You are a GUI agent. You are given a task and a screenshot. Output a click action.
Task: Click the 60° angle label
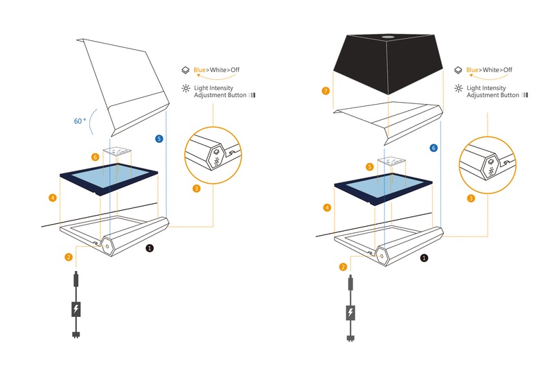pyautogui.click(x=80, y=121)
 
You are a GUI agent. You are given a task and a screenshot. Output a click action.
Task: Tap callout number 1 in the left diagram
pyautogui.click(x=150, y=247)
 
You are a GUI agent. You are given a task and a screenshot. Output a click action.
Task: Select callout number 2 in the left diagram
pyautogui.click(x=69, y=257)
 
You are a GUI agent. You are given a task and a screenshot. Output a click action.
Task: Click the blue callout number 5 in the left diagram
pyautogui.click(x=160, y=139)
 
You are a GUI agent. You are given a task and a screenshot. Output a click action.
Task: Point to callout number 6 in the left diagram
pyautogui.click(x=96, y=157)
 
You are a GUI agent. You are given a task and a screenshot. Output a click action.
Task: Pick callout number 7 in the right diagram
pyautogui.click(x=325, y=91)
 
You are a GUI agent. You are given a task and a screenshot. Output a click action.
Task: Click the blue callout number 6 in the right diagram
pyautogui.click(x=434, y=148)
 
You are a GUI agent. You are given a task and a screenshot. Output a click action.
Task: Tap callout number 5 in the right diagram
pyautogui.click(x=370, y=167)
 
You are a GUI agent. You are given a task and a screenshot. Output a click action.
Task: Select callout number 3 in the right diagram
pyautogui.click(x=472, y=198)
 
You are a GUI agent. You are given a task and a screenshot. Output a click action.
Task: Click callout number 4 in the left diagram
pyautogui.click(x=53, y=198)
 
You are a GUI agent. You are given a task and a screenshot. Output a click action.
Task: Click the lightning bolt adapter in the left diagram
pyautogui.click(x=75, y=309)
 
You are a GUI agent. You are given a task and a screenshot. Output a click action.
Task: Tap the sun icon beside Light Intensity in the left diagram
pyautogui.click(x=185, y=89)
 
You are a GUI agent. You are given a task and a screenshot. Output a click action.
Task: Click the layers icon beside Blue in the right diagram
pyautogui.click(x=458, y=70)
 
